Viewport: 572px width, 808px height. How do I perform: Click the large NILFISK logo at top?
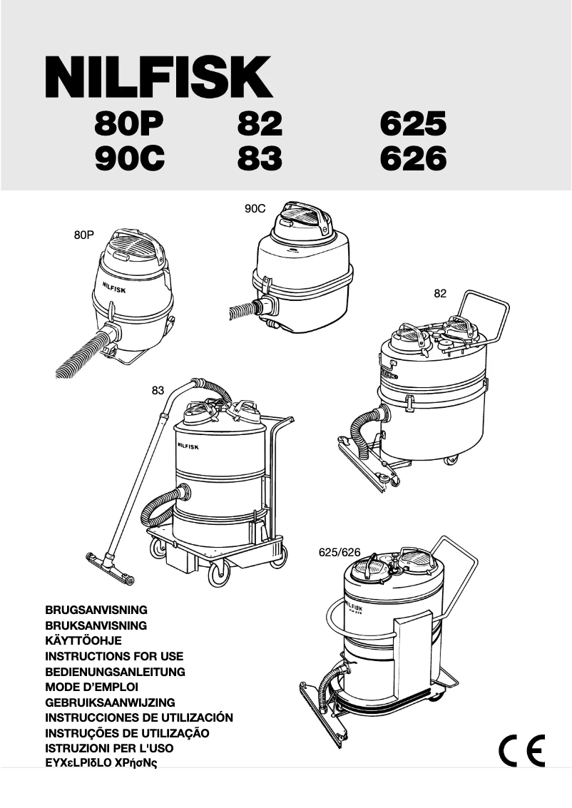tap(158, 78)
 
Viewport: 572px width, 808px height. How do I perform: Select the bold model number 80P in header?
tap(129, 126)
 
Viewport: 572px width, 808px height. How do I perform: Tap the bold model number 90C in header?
tap(130, 159)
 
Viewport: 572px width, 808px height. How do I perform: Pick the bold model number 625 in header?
tap(413, 126)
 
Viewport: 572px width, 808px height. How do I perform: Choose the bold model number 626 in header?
tap(413, 159)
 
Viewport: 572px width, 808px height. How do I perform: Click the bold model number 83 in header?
tap(260, 159)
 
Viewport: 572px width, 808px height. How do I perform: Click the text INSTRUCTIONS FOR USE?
tap(114, 656)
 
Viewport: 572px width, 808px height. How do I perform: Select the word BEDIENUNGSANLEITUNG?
tap(115, 672)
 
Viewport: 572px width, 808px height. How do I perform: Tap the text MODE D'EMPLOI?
tap(91, 687)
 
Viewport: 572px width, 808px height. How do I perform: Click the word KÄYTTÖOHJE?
tap(83, 641)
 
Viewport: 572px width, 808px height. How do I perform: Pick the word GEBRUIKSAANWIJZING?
tap(110, 702)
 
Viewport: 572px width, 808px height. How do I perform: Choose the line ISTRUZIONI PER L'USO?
tap(109, 748)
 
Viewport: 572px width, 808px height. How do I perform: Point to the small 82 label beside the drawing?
tap(440, 293)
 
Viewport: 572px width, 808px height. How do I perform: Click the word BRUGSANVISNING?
tap(96, 610)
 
